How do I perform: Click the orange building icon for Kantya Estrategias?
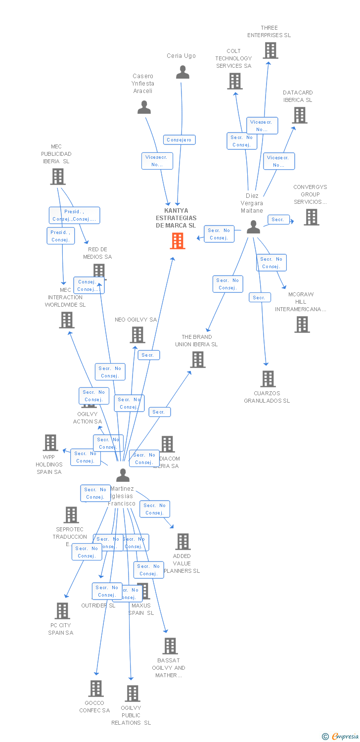tap(178, 240)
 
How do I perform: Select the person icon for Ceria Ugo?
tap(182, 73)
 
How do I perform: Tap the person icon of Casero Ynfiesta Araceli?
tap(144, 107)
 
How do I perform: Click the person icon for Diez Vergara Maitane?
tap(253, 227)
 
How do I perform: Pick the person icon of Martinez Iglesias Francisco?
tap(123, 475)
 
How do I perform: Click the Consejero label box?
tap(180, 140)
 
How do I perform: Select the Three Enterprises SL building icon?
tap(270, 50)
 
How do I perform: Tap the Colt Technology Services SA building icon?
tap(234, 81)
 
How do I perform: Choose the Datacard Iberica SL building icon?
tap(299, 115)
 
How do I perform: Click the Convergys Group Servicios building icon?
tap(311, 217)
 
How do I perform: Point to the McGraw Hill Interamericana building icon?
tap(302, 325)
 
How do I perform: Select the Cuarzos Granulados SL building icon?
tap(268, 379)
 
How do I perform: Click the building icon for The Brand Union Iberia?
tap(198, 360)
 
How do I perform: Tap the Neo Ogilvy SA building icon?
tap(137, 335)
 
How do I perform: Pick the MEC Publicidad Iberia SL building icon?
tap(58, 176)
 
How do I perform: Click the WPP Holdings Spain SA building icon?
tap(50, 443)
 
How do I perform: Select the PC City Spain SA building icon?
tap(62, 611)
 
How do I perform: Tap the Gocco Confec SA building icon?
tap(95, 689)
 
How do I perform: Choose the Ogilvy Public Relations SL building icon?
tap(132, 694)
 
